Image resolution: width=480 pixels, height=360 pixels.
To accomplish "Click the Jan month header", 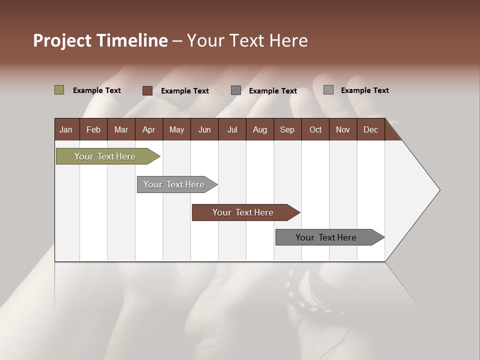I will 66,129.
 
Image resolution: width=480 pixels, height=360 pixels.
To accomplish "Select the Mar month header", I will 121,129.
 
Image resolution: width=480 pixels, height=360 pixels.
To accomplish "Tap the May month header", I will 176,129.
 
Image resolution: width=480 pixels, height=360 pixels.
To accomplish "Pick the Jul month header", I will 232,129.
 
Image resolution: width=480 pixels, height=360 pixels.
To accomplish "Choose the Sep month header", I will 287,129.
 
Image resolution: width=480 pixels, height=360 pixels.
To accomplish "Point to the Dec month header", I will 370,129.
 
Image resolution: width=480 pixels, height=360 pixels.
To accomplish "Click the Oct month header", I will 315,129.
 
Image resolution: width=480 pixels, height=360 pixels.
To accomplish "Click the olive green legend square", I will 59,90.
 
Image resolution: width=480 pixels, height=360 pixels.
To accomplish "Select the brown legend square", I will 147,90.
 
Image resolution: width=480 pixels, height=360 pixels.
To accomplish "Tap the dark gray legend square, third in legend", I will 236,90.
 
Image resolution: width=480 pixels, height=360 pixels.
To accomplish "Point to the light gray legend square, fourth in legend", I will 328,90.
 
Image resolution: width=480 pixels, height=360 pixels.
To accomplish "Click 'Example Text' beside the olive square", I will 97,90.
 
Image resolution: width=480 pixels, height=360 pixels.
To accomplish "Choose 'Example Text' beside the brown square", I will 185,91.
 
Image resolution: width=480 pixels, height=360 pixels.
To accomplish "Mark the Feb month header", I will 93,129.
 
